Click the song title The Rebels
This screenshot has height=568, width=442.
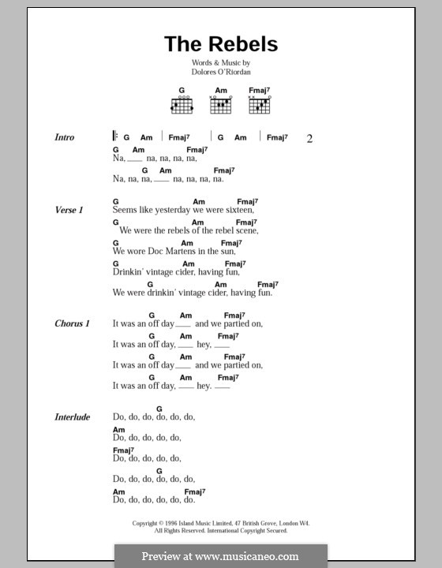pyautogui.click(x=220, y=44)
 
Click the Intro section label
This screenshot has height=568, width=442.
pyautogui.click(x=65, y=137)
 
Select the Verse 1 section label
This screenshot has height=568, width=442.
pyautogui.click(x=67, y=210)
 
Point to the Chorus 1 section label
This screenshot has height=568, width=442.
pyautogui.click(x=72, y=323)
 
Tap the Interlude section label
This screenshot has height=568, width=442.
pyautogui.click(x=72, y=417)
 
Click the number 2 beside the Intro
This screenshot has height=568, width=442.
pyautogui.click(x=310, y=139)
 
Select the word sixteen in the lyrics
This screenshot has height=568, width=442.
pyautogui.click(x=238, y=210)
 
